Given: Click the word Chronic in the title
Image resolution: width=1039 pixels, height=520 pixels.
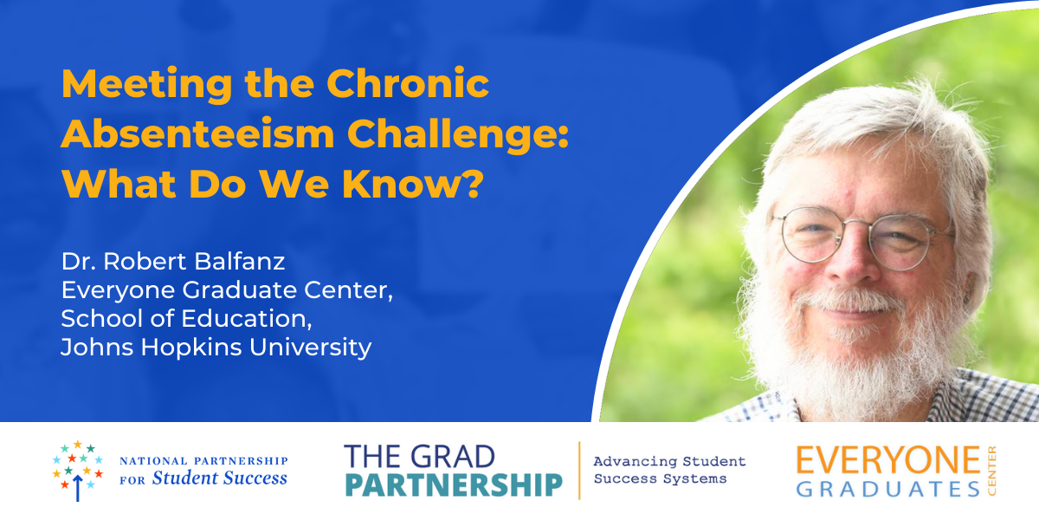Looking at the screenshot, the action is pyautogui.click(x=408, y=83).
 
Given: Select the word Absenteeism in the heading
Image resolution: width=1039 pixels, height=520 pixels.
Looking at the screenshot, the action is pyautogui.click(x=197, y=133).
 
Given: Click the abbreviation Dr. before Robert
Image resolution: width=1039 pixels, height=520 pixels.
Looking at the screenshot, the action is pyautogui.click(x=79, y=261).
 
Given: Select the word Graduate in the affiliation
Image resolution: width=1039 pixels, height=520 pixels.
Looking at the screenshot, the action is pyautogui.click(x=240, y=289).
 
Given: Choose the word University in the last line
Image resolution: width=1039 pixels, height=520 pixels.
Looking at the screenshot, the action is pyautogui.click(x=310, y=348).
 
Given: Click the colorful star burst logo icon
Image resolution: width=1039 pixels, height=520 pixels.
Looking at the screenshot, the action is pyautogui.click(x=77, y=471).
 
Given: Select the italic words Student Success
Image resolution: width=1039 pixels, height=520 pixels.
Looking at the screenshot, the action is pyautogui.click(x=219, y=478).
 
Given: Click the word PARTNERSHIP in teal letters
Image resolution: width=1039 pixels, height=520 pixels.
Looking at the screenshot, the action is pyautogui.click(x=453, y=485).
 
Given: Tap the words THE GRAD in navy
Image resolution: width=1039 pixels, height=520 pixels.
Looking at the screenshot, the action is pyautogui.click(x=419, y=457).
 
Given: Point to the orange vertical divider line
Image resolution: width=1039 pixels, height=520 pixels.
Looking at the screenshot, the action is pyautogui.click(x=579, y=471).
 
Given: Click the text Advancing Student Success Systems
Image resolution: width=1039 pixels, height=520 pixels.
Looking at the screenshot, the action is pyautogui.click(x=669, y=470).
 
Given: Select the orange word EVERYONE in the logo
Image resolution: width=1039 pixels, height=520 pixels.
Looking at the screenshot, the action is pyautogui.click(x=887, y=460).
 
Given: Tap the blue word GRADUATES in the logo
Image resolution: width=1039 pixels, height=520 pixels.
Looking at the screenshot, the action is pyautogui.click(x=887, y=490).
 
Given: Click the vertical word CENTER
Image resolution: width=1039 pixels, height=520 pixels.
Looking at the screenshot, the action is pyautogui.click(x=991, y=471).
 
